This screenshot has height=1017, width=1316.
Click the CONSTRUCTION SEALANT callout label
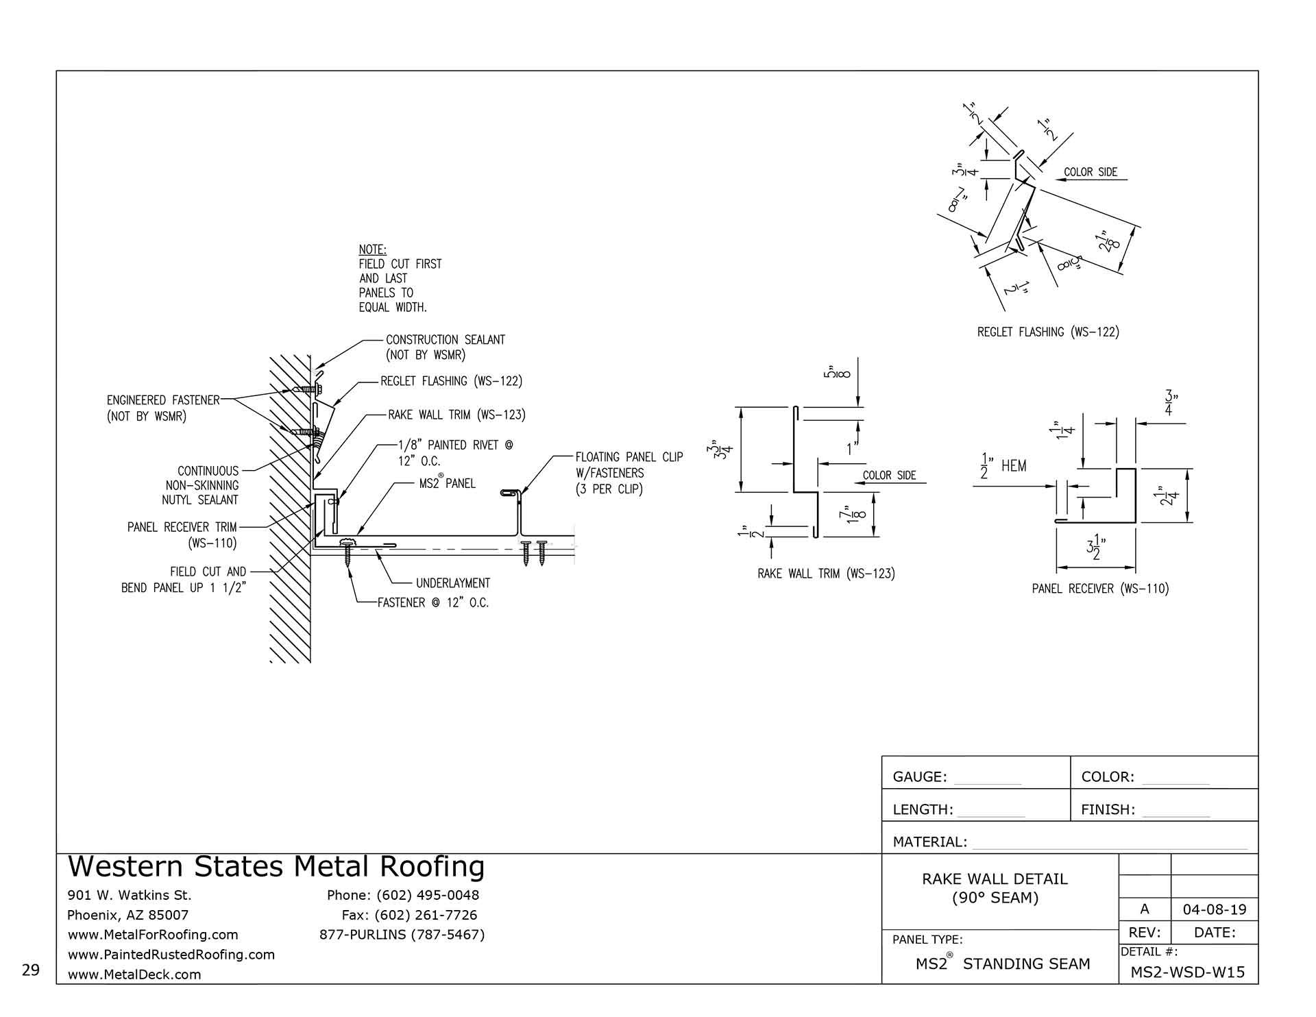pos(445,340)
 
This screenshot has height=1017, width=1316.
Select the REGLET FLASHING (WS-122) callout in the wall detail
pos(451,382)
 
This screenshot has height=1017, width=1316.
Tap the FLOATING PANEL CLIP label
pos(629,457)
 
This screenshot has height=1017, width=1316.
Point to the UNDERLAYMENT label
pos(452,583)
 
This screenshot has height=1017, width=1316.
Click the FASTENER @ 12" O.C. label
pos(433,604)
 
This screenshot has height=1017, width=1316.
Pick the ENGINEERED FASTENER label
pos(163,400)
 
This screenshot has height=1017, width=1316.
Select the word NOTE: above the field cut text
pos(372,250)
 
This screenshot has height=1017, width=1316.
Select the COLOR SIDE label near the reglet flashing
pos(1090,173)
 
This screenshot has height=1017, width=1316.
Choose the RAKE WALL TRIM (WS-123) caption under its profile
pos(825,574)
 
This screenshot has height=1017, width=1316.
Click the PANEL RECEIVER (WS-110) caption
pos(1100,589)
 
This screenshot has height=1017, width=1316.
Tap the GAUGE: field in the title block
pos(919,777)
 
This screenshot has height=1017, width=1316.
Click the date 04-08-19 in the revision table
pos(1214,910)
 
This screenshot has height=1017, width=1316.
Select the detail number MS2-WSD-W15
pos(1188,972)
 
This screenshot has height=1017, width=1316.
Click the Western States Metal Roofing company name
pos(276,868)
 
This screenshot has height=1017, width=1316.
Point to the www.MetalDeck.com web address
pos(134,975)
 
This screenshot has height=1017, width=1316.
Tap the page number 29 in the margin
pos(30,970)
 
